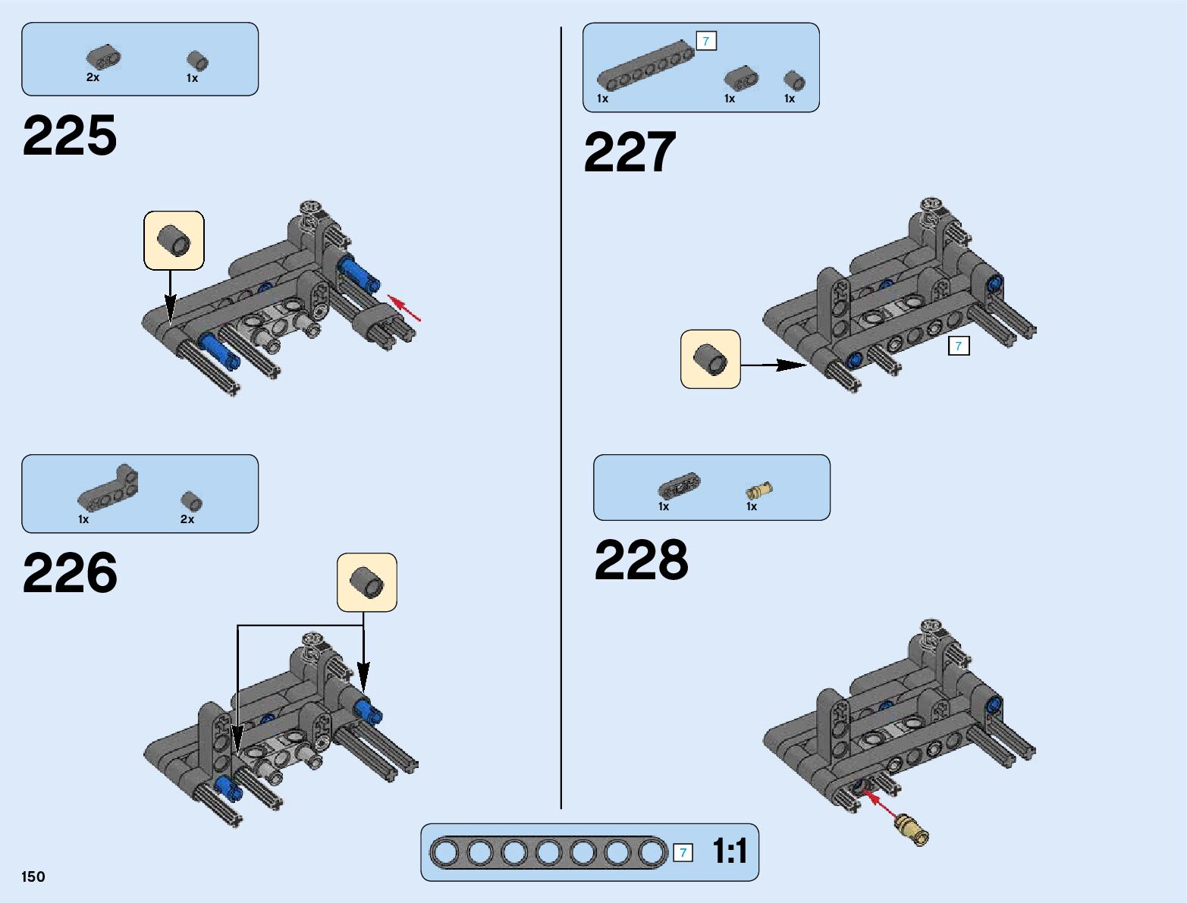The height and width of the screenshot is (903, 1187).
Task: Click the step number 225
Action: [x=70, y=136]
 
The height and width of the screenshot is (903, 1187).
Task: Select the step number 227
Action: [x=630, y=152]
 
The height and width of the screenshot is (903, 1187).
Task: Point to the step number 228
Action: [x=642, y=560]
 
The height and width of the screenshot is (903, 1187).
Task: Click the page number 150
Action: [x=33, y=876]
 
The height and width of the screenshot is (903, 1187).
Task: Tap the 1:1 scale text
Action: [x=730, y=851]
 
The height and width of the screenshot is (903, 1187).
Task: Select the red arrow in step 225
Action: [x=404, y=308]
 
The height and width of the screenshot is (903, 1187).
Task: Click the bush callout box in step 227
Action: [x=711, y=359]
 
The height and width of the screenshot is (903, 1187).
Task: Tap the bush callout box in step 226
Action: [x=367, y=582]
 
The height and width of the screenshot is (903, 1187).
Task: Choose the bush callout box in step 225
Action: [x=174, y=240]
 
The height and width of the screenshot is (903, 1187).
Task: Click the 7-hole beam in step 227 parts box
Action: [x=645, y=67]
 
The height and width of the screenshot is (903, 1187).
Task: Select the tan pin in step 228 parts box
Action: [x=758, y=491]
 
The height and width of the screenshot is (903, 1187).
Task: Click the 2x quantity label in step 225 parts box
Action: [x=93, y=77]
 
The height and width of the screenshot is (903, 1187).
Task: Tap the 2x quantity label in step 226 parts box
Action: [x=187, y=519]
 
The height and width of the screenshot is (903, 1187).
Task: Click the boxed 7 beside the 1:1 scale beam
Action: [x=683, y=853]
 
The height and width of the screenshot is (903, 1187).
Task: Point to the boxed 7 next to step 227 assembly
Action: [x=959, y=346]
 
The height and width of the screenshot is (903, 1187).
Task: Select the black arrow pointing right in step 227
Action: [x=774, y=365]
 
